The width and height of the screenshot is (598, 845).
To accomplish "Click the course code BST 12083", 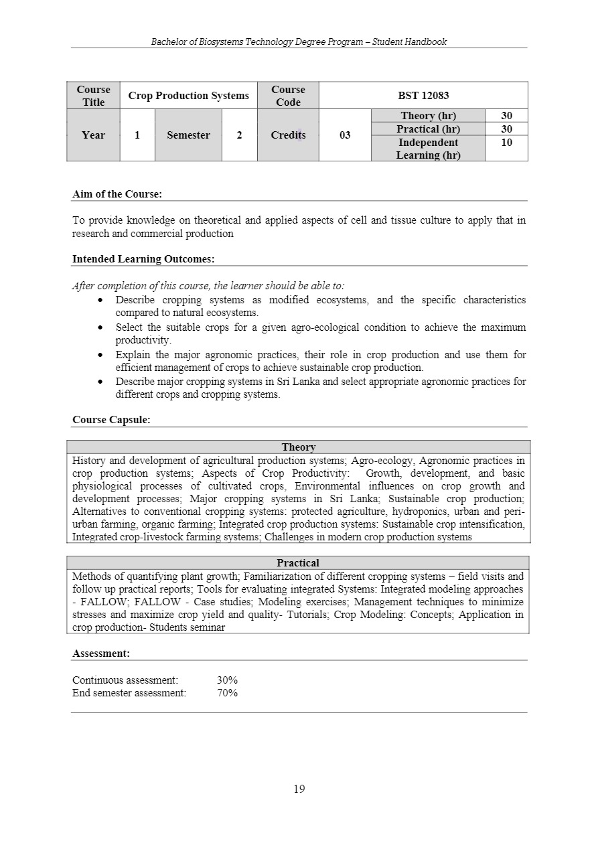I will [423, 96].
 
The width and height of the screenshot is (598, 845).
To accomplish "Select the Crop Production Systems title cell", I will [188, 96].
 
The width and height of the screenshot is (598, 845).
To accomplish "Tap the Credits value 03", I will [345, 135].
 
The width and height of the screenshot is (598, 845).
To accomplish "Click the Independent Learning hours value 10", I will [506, 143].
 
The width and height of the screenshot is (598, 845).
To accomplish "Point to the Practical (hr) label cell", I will [428, 129].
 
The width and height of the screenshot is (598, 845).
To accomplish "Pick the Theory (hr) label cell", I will [428, 116].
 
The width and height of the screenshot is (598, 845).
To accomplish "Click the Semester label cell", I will [188, 135].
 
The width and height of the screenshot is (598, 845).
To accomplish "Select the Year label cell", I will [93, 135].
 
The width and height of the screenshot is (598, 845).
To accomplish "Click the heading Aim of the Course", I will [117, 194].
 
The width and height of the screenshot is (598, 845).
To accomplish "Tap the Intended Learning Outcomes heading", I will [143, 259].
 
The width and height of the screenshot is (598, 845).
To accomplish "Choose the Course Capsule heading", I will [111, 420].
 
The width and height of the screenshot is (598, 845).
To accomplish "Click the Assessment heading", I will [101, 653].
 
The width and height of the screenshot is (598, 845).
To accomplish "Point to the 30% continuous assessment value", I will [227, 680].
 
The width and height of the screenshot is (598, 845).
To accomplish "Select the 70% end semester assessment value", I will [227, 693].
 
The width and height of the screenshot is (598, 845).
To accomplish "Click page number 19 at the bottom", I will [299, 789].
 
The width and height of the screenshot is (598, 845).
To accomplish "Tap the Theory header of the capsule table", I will [299, 447].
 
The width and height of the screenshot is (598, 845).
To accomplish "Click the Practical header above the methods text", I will [298, 563].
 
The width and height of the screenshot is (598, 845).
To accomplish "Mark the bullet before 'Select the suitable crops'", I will [100, 328].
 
